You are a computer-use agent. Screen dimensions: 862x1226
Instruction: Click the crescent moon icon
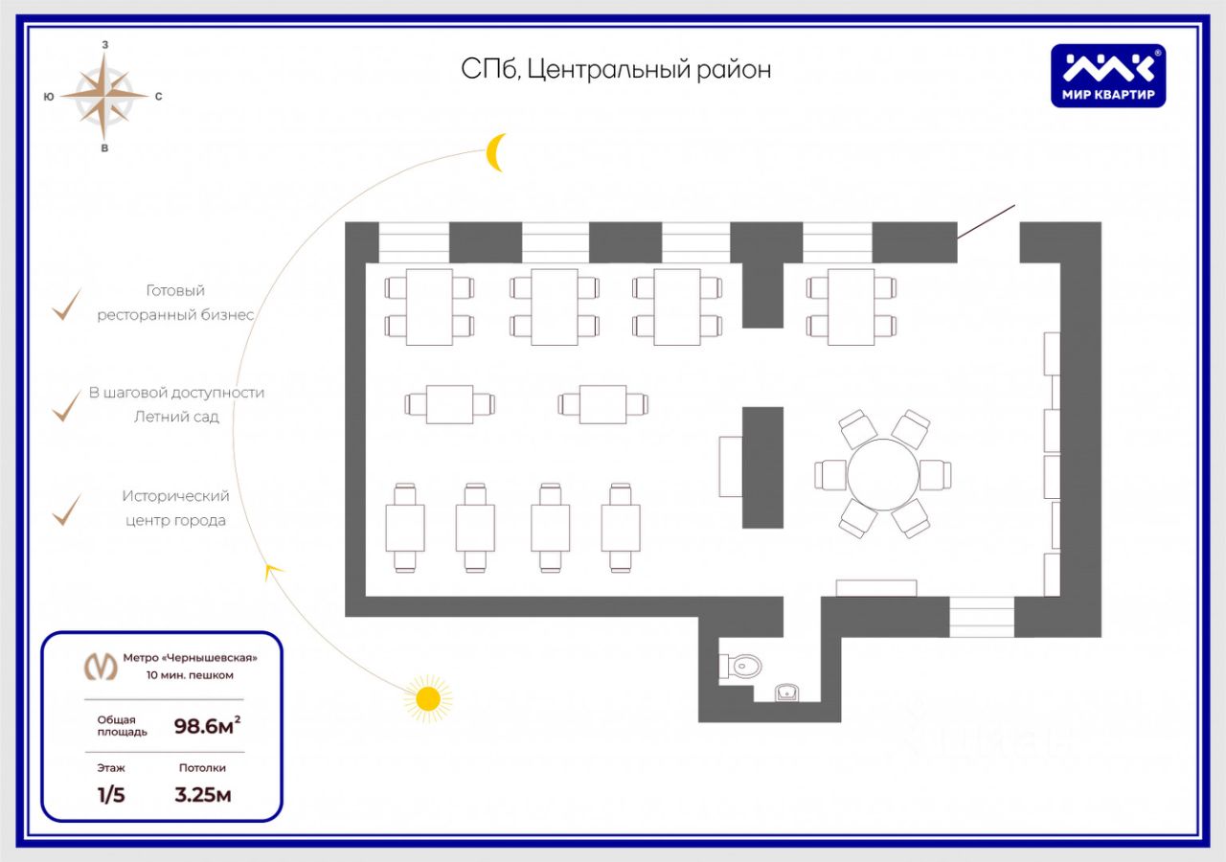click(x=495, y=152)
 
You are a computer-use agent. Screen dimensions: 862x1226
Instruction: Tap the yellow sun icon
click(x=427, y=698)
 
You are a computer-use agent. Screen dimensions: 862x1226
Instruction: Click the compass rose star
click(x=104, y=96)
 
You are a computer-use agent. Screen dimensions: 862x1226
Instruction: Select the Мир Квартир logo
click(x=1108, y=76)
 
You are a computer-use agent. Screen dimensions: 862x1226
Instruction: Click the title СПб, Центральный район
click(x=616, y=69)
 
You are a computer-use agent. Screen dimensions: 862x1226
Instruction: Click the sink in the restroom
click(x=787, y=692)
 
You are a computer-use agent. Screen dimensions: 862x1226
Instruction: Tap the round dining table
click(x=882, y=474)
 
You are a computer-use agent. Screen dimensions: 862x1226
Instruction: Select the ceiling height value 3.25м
click(x=203, y=794)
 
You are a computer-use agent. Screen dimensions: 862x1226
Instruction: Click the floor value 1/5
click(x=111, y=794)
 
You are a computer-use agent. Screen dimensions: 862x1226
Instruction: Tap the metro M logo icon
click(x=101, y=665)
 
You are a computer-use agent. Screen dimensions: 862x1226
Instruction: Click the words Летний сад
click(x=177, y=417)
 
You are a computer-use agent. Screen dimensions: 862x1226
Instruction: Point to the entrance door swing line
click(x=987, y=222)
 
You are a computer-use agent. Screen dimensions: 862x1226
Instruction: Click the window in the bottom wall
click(x=982, y=617)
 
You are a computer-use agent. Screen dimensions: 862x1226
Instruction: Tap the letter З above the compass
click(x=104, y=44)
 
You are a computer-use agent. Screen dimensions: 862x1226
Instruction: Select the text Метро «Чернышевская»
click(x=190, y=657)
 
